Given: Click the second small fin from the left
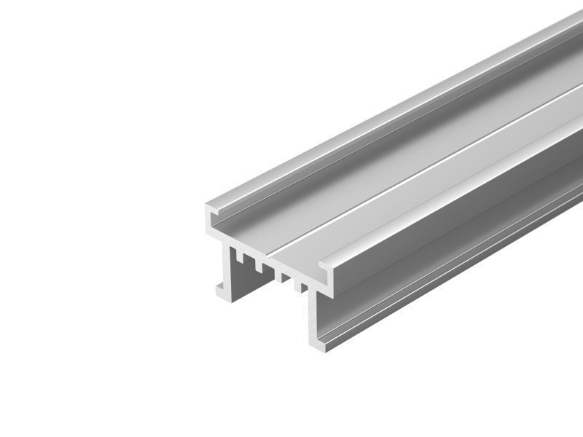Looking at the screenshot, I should click(x=259, y=267).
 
